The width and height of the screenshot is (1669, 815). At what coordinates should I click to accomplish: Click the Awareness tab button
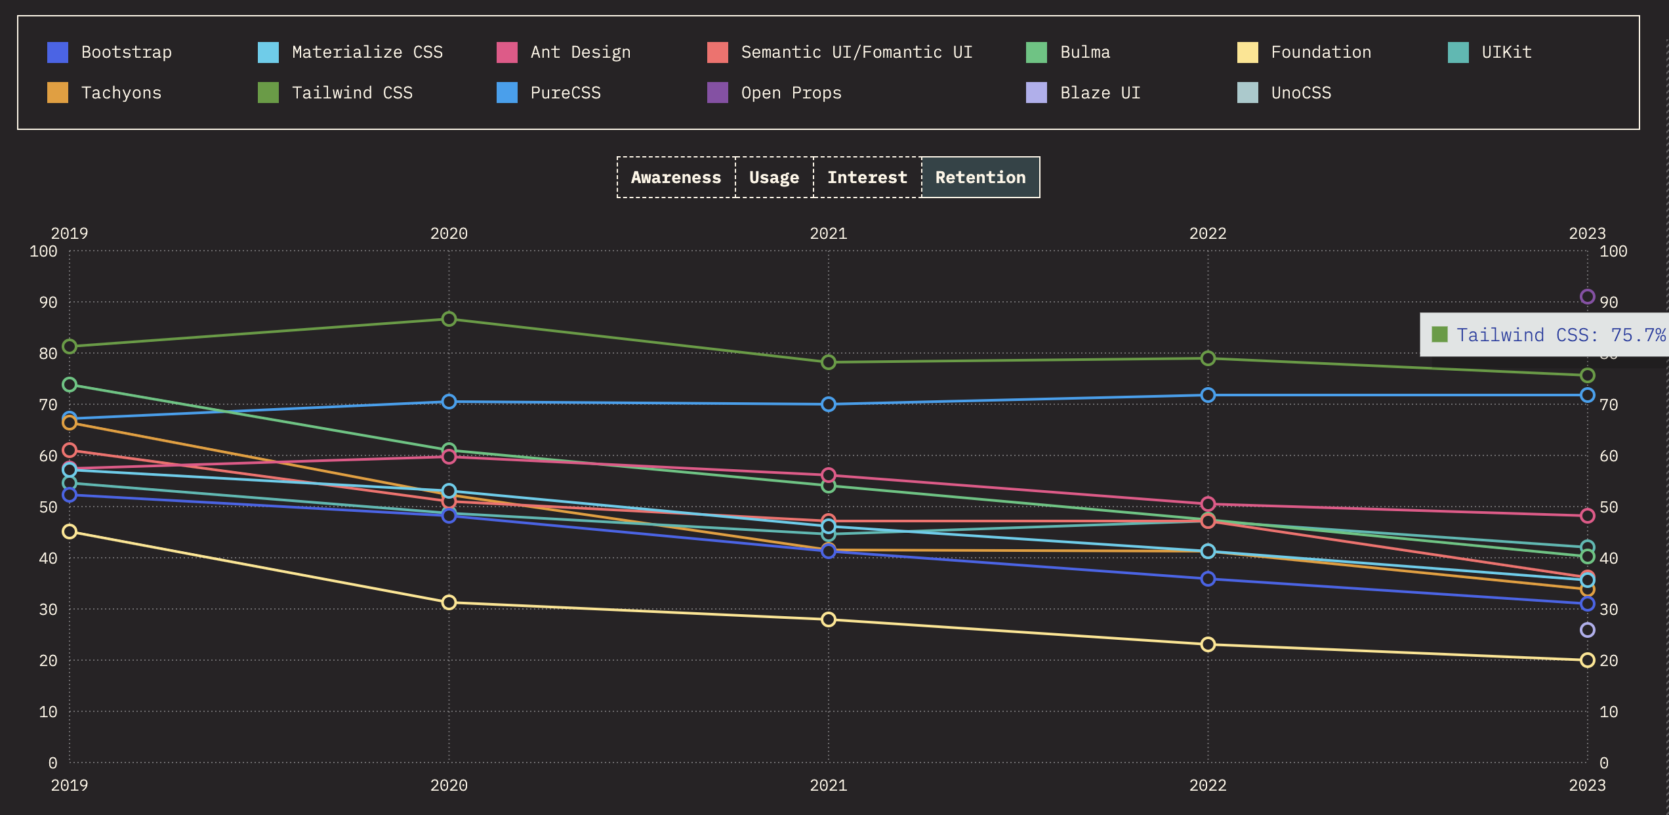[676, 177]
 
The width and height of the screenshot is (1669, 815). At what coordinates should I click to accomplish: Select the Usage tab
[774, 177]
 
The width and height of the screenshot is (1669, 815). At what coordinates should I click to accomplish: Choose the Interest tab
[867, 177]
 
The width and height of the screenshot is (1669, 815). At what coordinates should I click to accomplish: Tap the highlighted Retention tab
[980, 177]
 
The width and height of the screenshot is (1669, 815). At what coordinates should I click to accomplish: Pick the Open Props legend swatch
[717, 93]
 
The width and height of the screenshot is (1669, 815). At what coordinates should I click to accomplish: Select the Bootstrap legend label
[126, 52]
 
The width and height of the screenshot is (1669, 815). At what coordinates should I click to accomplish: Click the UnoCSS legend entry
[1301, 93]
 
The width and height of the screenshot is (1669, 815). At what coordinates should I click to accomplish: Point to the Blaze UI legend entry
[1100, 93]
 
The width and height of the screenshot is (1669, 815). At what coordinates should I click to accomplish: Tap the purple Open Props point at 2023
[1587, 297]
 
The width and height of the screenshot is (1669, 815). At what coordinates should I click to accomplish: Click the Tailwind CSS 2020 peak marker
[449, 319]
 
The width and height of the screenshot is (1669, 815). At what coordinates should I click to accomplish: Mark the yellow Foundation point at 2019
[70, 532]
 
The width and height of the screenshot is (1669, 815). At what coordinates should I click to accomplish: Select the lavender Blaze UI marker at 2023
[1587, 630]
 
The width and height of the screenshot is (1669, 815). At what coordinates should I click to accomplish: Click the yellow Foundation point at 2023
[1587, 660]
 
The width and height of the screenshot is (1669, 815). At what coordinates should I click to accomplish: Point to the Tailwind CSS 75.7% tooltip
[1548, 335]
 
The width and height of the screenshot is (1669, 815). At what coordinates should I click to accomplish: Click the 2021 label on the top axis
[828, 233]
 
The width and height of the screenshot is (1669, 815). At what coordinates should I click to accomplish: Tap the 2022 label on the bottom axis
[1207, 785]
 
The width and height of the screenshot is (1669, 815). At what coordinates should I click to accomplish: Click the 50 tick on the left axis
[48, 507]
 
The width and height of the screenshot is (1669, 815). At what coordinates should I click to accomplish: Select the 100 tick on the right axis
[1613, 251]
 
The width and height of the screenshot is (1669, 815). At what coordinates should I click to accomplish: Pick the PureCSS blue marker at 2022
[1207, 395]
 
